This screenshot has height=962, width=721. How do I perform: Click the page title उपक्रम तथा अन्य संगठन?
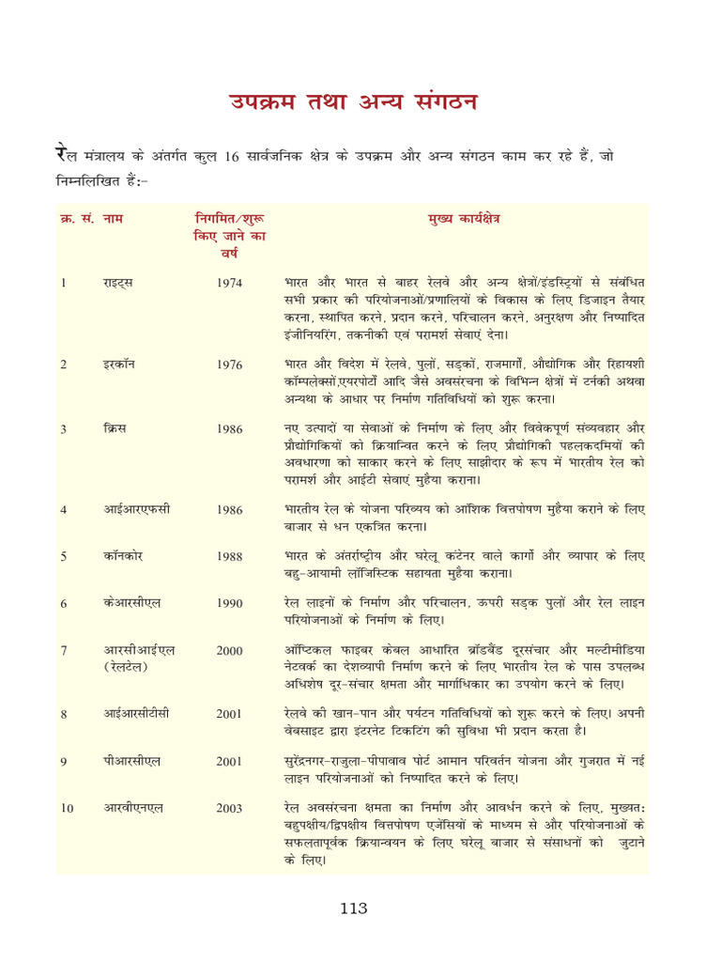tap(356, 102)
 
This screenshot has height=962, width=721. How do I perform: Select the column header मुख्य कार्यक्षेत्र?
tap(463, 219)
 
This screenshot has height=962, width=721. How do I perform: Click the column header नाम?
tap(114, 219)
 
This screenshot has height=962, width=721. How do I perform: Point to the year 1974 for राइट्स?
tap(229, 282)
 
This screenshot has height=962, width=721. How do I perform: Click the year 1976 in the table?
tap(229, 365)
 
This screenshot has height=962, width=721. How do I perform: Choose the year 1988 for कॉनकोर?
tap(229, 556)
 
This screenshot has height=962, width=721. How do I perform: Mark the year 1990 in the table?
tap(229, 603)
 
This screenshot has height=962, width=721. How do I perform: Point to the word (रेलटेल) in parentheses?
tap(130, 667)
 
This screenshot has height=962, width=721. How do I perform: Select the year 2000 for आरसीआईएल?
tap(229, 650)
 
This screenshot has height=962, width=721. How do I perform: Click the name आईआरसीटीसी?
tap(136, 714)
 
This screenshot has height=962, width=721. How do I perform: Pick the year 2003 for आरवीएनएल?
tap(229, 808)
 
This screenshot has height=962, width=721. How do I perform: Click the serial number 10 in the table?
tap(67, 808)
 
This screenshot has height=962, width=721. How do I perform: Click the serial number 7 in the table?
tap(63, 650)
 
